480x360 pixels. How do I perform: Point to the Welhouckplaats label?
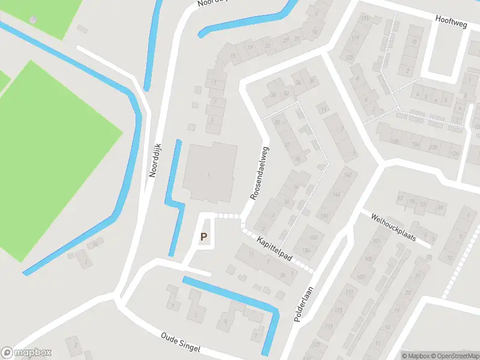click(393, 226)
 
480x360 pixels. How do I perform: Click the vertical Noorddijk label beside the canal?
click(156, 159)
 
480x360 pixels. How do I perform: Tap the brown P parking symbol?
click(204, 238)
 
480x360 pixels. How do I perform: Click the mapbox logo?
click(26, 353)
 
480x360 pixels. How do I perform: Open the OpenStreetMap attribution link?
click(453, 355)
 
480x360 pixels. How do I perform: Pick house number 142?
click(347, 175)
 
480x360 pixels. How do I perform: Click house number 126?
click(455, 154)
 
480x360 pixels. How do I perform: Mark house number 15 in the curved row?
click(232, 56)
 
